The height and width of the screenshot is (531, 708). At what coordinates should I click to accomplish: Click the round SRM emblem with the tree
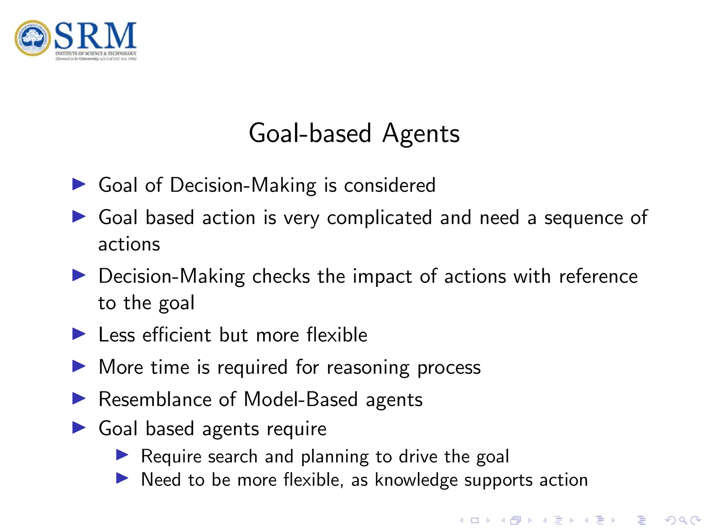(33, 38)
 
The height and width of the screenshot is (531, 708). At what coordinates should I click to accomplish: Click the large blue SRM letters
(95, 36)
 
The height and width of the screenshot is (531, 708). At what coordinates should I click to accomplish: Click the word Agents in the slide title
(421, 134)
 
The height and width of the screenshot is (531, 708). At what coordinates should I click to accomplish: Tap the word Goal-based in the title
(310, 134)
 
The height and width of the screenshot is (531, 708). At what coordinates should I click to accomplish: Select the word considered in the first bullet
(390, 185)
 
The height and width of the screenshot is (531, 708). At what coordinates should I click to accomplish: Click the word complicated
(379, 218)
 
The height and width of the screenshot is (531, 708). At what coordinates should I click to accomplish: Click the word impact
(382, 277)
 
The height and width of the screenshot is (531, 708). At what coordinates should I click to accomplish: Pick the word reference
(598, 277)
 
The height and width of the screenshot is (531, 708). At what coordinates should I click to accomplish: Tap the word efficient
(176, 335)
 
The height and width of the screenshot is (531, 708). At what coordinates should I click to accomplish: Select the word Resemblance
(155, 400)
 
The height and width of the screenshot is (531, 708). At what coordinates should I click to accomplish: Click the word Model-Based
(300, 400)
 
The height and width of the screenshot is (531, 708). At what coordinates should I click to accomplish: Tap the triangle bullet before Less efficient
(79, 334)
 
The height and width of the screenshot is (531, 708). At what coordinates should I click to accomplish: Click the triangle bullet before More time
(79, 366)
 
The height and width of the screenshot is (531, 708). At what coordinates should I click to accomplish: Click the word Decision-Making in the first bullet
(243, 185)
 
